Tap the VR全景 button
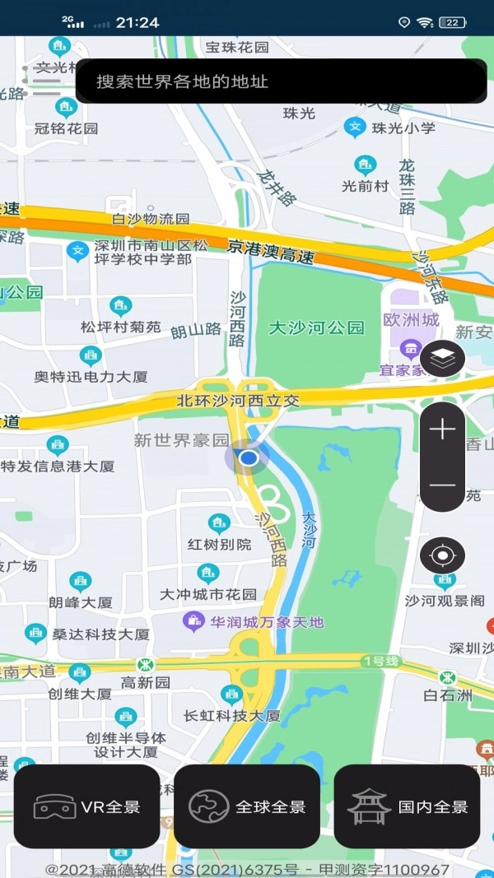pos(86,806)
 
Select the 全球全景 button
pos(246,806)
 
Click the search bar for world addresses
pos(280,81)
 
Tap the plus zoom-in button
pos(442,429)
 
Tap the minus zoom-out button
pos(442,485)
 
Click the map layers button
pos(442,358)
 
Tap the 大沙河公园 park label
pos(317,328)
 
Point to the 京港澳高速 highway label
pos(272,251)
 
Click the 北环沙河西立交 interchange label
pos(238,401)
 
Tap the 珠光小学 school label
pos(403,128)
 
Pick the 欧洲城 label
pos(411,319)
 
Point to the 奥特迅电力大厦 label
pos(91,376)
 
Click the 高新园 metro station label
pos(145,682)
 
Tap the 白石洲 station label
pos(448,695)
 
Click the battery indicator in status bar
pos(452,22)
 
